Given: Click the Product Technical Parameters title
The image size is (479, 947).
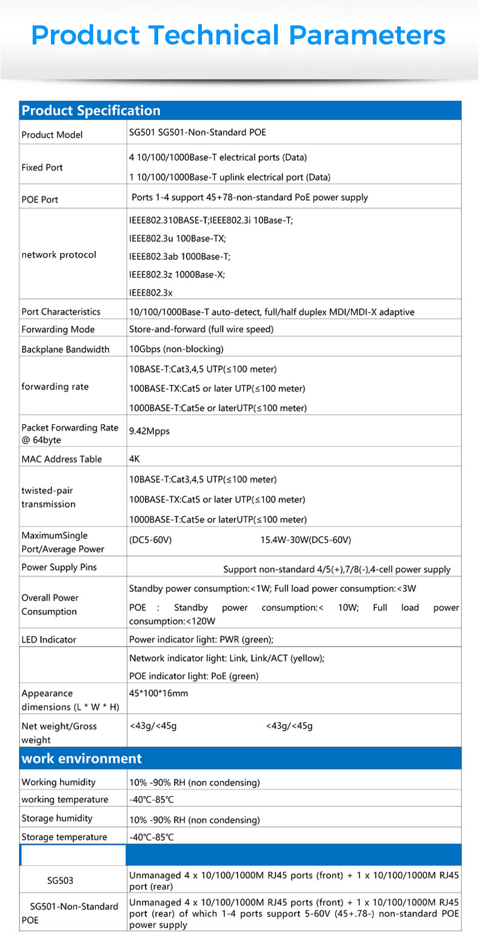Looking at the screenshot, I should click(x=239, y=35).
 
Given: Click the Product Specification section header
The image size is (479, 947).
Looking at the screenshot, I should click(x=91, y=111).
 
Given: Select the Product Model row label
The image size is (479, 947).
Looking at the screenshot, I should click(x=52, y=135).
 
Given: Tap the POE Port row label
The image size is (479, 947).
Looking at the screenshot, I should click(x=40, y=199).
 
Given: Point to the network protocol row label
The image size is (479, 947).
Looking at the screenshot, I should click(x=59, y=254).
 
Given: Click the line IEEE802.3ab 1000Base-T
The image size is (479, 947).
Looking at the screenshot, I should click(x=179, y=256).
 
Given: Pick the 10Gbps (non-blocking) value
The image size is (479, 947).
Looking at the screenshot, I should click(x=176, y=349).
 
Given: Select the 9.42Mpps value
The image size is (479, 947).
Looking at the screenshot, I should click(x=149, y=431).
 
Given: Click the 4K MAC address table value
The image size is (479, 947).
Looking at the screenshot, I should click(x=135, y=459).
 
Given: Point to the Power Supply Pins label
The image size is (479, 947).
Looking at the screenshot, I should click(x=59, y=568).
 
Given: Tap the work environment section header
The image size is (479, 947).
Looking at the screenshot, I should click(x=82, y=759).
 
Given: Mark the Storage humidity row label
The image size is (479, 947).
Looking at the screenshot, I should click(x=57, y=818).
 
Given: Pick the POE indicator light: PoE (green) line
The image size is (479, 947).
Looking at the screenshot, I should click(x=194, y=676).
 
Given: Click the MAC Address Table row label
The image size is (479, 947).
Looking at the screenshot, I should click(x=62, y=459).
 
